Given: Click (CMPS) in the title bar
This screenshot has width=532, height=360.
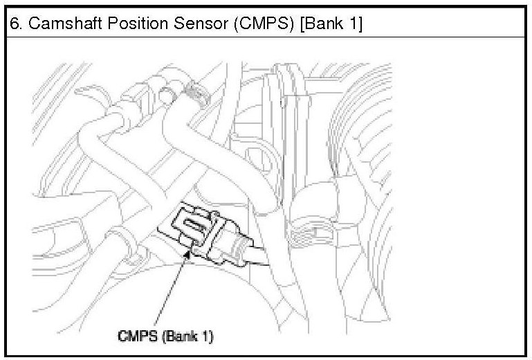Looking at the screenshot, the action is click(264, 24).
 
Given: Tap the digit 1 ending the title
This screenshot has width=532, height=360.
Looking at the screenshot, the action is click(355, 24).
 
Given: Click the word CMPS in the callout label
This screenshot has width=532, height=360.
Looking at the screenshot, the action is click(138, 336).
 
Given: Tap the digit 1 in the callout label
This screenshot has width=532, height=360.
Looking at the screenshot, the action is click(208, 336).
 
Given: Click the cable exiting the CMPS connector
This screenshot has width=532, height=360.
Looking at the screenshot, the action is click(259, 255).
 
